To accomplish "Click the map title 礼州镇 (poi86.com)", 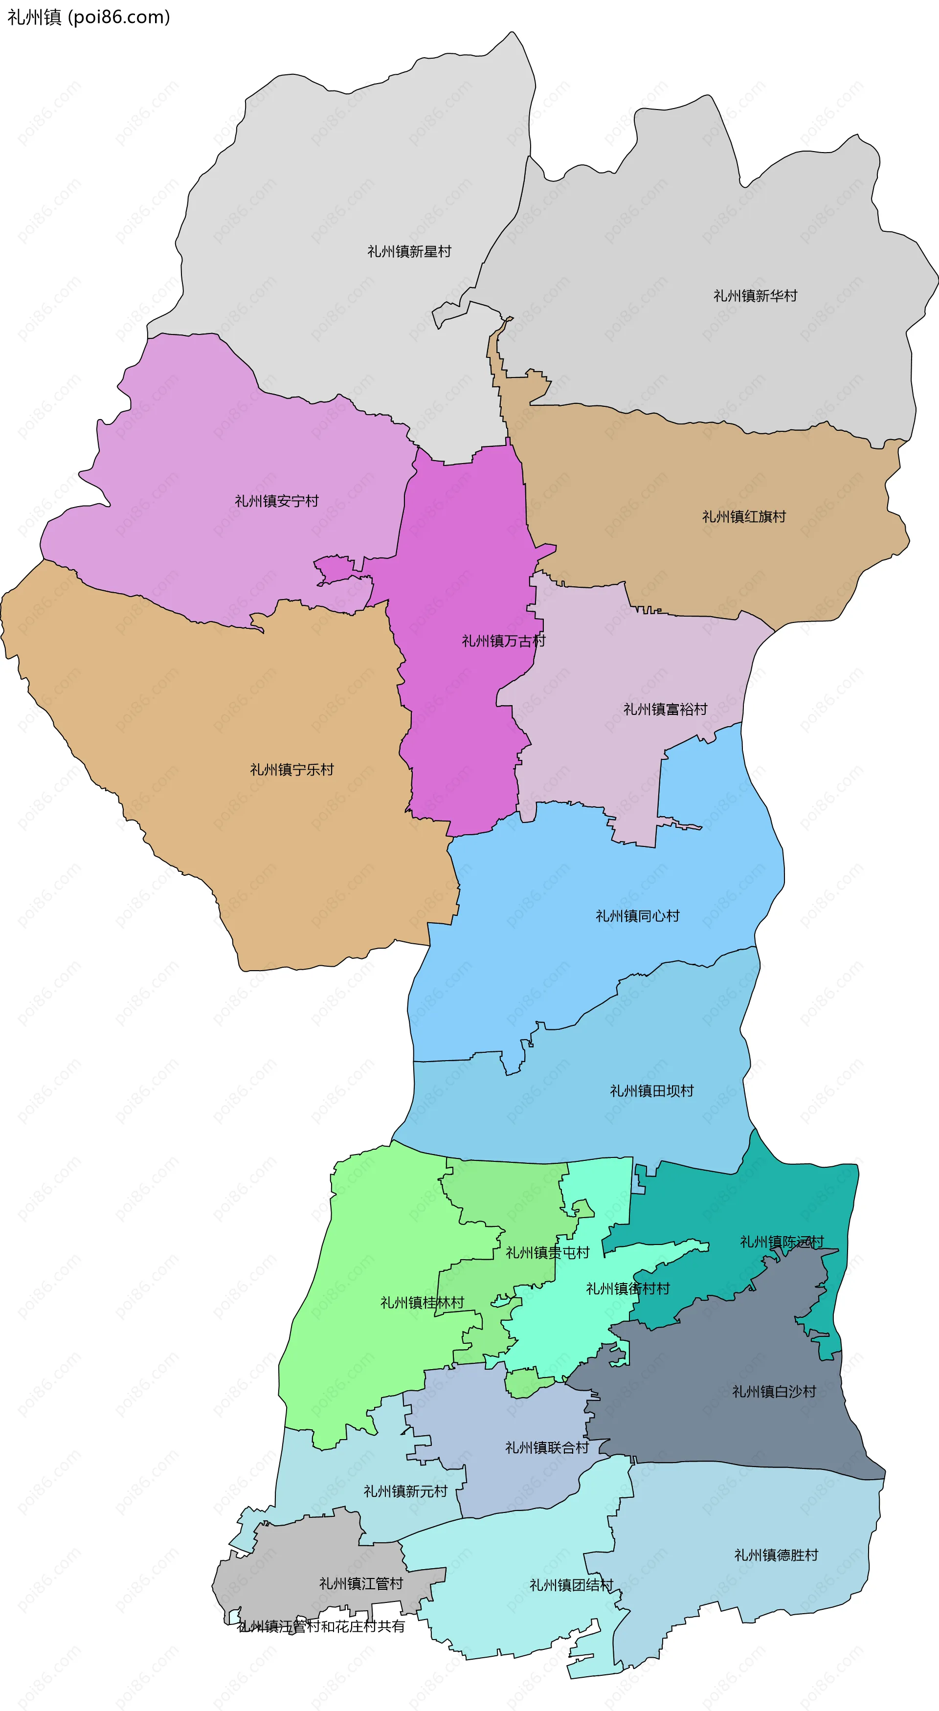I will [89, 17].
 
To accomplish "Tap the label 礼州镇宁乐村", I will [291, 770].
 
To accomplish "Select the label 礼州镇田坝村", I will [651, 1090].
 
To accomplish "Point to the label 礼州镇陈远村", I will [782, 1242].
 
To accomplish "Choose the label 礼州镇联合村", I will [547, 1448].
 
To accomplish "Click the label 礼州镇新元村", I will [405, 1491].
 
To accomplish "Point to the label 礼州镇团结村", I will [571, 1585].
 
